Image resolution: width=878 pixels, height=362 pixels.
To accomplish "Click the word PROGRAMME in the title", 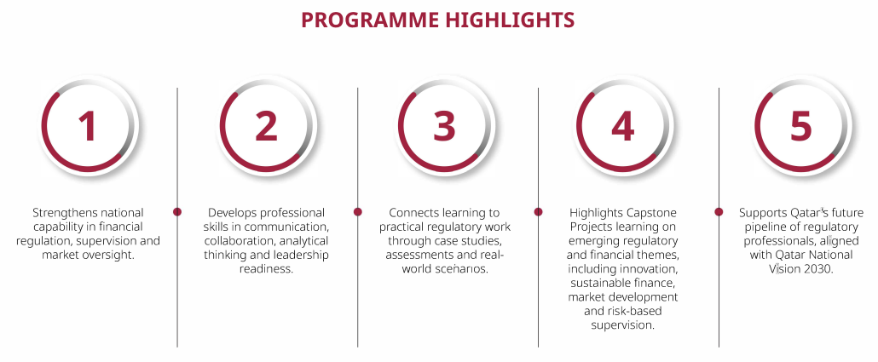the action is [x=370, y=20].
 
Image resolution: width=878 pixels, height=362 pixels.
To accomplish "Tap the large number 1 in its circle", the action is [x=87, y=126].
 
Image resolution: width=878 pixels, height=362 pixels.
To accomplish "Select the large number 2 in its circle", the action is [x=266, y=126].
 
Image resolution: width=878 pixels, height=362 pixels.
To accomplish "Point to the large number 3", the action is [x=445, y=126].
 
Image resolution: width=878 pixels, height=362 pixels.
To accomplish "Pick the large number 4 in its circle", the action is [x=622, y=126].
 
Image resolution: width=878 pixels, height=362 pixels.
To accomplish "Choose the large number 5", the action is [x=800, y=126].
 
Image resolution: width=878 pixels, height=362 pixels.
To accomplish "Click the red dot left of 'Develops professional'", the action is [x=177, y=211].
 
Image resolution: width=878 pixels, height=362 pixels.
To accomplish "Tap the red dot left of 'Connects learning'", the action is [x=358, y=211].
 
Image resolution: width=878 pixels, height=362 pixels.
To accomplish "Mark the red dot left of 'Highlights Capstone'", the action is [x=538, y=211].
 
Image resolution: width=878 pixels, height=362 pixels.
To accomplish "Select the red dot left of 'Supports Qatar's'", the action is [x=719, y=211].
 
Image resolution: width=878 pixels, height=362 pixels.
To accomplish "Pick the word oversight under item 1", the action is [x=112, y=256].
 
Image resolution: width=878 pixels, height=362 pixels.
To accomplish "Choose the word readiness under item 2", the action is [x=266, y=268].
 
